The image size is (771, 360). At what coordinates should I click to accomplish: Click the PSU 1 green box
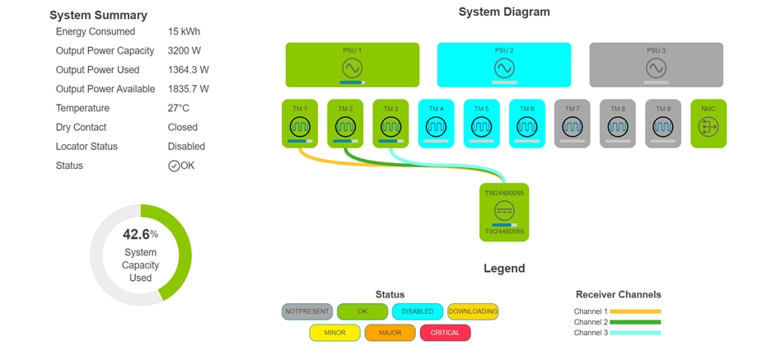coord(352,65)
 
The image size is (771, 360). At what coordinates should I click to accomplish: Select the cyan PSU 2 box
coord(504,65)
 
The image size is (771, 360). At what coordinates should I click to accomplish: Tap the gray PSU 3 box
coord(656,65)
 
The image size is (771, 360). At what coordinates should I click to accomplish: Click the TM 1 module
coord(300,124)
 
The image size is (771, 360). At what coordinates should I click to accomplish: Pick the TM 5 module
coord(482,124)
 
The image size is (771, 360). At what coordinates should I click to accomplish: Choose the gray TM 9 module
coord(663,124)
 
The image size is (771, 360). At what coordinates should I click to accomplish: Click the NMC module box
coord(708,124)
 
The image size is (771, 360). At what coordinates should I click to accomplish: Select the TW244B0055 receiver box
coord(504,213)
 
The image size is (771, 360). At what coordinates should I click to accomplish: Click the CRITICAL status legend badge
coord(445,333)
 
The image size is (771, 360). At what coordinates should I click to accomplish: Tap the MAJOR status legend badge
coord(390,333)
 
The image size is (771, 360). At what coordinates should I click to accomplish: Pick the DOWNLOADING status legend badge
coord(473,311)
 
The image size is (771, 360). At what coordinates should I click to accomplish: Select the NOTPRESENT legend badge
coord(307,311)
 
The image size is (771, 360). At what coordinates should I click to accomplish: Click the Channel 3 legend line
coord(635,333)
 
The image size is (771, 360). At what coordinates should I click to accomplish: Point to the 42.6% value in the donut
coord(137,234)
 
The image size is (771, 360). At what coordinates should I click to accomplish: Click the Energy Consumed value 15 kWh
coord(184,32)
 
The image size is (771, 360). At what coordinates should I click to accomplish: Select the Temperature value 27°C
coord(179,109)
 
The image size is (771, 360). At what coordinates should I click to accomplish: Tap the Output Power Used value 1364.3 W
coord(188,70)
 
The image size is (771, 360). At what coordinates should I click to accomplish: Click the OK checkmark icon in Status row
coord(174,166)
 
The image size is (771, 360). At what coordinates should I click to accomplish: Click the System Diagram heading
coord(504,12)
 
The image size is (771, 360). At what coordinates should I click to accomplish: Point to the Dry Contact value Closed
coord(183,128)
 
